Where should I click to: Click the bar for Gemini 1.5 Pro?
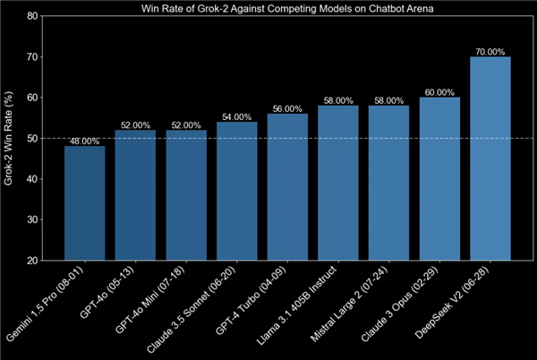(84, 203)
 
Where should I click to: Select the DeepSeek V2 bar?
(490, 159)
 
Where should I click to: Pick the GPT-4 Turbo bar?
(287, 187)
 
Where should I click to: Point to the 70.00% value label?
(490, 51)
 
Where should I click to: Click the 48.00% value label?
(84, 141)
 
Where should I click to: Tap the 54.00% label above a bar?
(236, 116)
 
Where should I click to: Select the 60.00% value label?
(439, 92)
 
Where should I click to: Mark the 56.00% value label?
(287, 108)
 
